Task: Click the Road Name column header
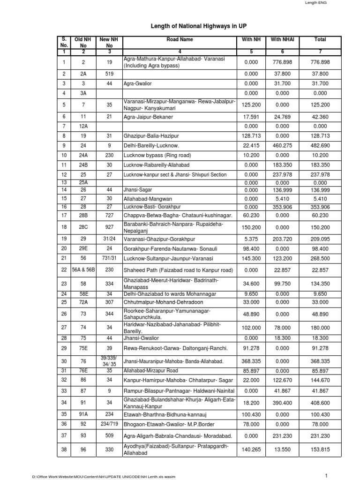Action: coord(180,40)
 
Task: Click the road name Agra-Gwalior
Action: coord(138,83)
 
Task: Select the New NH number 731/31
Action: coord(107,258)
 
